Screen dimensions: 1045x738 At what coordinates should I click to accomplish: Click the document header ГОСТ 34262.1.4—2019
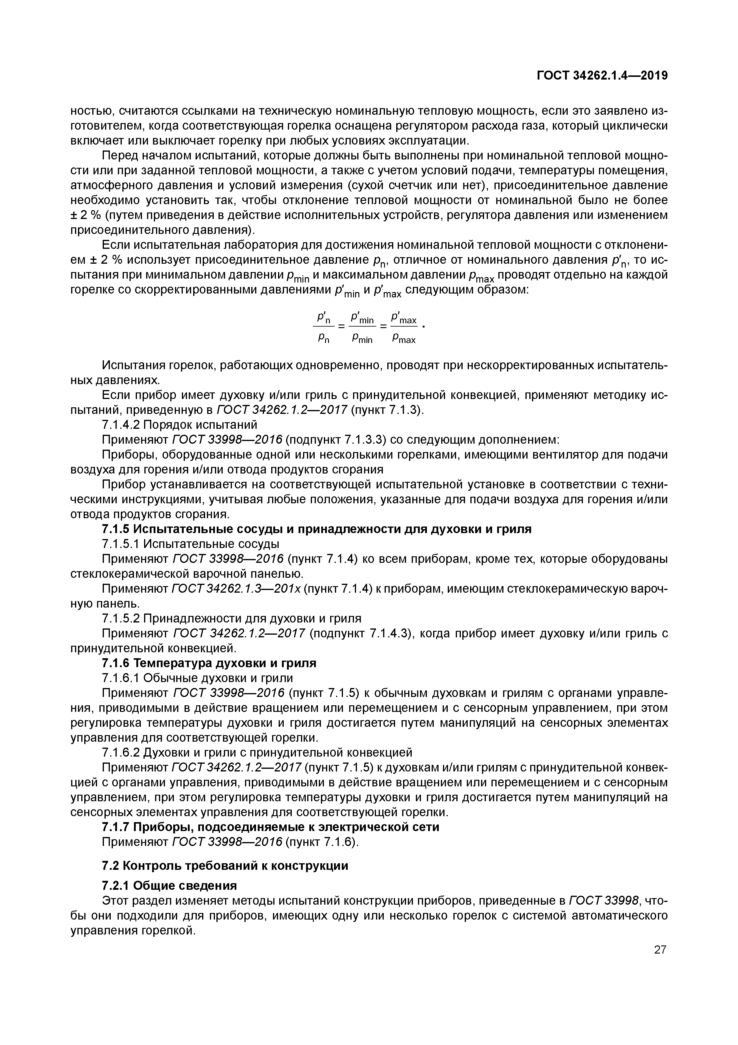602,76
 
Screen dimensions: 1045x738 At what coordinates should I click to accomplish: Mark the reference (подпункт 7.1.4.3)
361,633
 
